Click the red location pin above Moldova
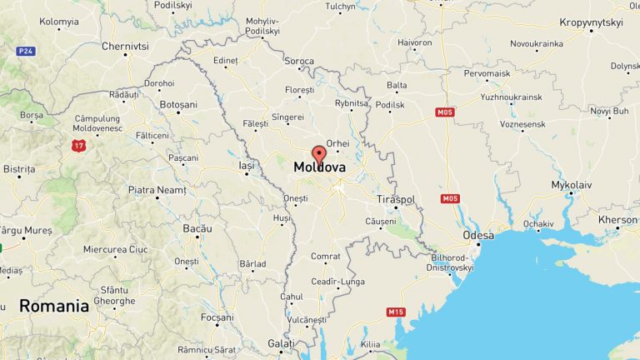tap(318, 154)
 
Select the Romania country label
tap(54, 306)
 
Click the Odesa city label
tap(478, 236)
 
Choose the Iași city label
tap(246, 166)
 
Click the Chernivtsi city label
tap(124, 46)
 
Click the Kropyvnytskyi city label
tap(592, 22)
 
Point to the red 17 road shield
tap(78, 146)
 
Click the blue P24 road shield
tap(26, 51)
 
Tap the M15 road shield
tap(395, 312)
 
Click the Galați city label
tap(281, 343)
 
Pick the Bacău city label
tap(197, 228)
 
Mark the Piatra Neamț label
tap(157, 190)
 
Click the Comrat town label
tap(326, 256)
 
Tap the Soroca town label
tap(300, 61)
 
